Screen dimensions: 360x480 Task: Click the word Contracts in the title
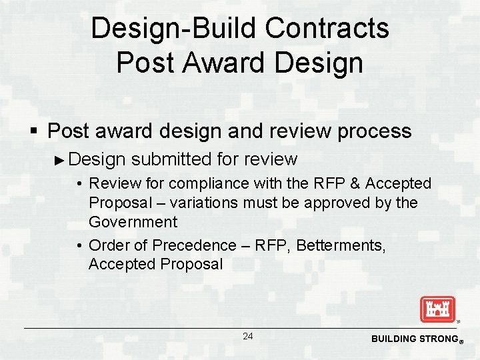327,29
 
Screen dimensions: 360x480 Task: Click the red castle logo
437,309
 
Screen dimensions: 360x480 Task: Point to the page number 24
247,337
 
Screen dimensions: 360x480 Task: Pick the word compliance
209,183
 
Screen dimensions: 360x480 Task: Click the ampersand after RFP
355,183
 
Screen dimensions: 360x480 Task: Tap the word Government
133,221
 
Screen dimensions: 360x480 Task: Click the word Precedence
193,245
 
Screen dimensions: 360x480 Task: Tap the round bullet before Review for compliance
79,184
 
